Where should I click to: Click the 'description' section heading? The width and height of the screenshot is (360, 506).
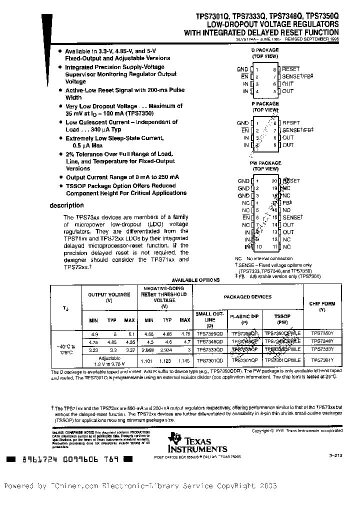pyautogui.click(x=67, y=205)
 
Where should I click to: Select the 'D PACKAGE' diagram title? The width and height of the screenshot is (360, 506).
pyautogui.click(x=265, y=50)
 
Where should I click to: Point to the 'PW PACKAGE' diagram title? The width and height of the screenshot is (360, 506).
pyautogui.click(x=265, y=163)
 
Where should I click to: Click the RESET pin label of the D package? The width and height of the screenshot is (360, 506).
pyautogui.click(x=291, y=69)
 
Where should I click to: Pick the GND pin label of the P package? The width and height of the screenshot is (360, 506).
pyautogui.click(x=243, y=123)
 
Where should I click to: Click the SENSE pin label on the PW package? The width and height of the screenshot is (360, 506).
pyautogui.click(x=292, y=217)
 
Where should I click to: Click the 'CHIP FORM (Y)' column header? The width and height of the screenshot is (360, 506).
pyautogui.click(x=321, y=306)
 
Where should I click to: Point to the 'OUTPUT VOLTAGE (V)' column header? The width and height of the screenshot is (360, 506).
pyautogui.click(x=109, y=297)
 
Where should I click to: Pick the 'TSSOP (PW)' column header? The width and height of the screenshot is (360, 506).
pyautogui.click(x=282, y=319)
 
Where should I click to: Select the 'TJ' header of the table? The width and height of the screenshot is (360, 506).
pyautogui.click(x=66, y=309)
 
